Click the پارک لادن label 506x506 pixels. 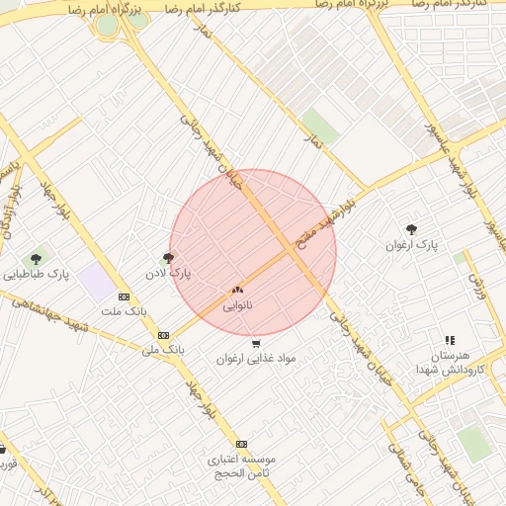pyautogui.click(x=170, y=271)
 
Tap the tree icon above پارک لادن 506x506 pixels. pyautogui.click(x=168, y=258)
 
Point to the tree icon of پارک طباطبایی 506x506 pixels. pyautogui.click(x=36, y=259)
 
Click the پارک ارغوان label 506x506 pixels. pyautogui.click(x=411, y=243)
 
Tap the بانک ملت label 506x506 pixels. pyautogui.click(x=124, y=310)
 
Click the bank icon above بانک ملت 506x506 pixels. pyautogui.click(x=124, y=296)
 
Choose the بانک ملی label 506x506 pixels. pyautogui.click(x=163, y=349)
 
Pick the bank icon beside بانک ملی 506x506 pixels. pyautogui.click(x=163, y=335)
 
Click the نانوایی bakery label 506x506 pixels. pyautogui.click(x=236, y=305)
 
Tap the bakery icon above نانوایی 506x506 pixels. pyautogui.click(x=236, y=291)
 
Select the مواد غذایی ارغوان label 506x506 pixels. pyautogui.click(x=256, y=359)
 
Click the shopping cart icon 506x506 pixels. pyautogui.click(x=256, y=344)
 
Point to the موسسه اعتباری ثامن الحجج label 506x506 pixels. pyautogui.click(x=241, y=466)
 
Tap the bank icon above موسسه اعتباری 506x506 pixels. pyautogui.click(x=241, y=445)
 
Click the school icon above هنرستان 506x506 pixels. pyautogui.click(x=451, y=339)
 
